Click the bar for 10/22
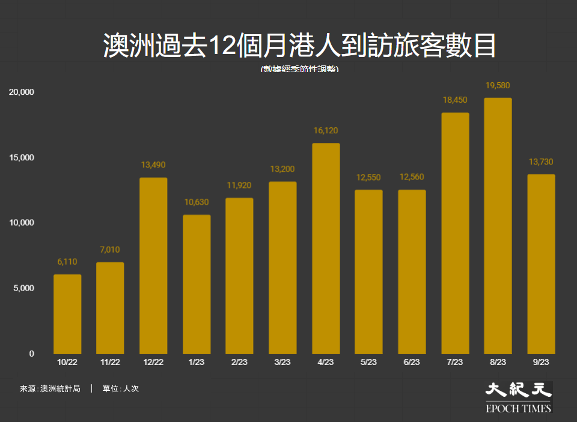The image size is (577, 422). [x=67, y=314]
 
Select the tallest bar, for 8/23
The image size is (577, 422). [x=498, y=226]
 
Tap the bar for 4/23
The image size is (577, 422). [x=326, y=249]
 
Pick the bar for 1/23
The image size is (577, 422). [x=197, y=285]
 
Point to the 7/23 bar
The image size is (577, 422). [x=455, y=234]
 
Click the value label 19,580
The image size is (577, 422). [x=498, y=85]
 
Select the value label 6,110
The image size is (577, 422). [x=67, y=262]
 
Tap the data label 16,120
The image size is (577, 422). [x=326, y=130]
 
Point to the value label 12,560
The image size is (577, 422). [x=412, y=177]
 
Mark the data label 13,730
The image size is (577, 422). [x=541, y=161]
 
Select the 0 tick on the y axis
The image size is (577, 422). [x=31, y=354]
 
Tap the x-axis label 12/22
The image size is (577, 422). [x=153, y=362]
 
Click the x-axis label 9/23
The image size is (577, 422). [x=541, y=362]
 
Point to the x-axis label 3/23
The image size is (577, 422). [x=282, y=362]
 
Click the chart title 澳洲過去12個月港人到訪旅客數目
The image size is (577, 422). [x=299, y=47]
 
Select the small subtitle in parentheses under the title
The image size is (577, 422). [x=299, y=69]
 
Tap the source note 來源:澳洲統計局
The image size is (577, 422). [x=50, y=388]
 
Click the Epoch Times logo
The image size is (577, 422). [x=518, y=397]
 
